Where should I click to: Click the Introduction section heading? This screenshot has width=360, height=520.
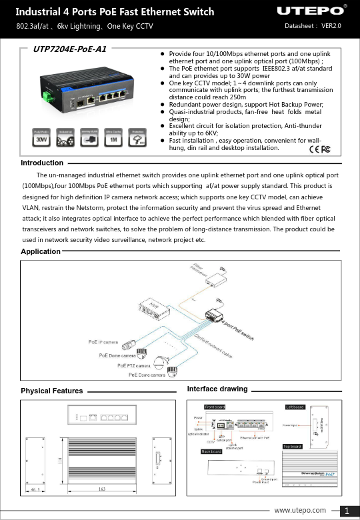[x=42, y=163]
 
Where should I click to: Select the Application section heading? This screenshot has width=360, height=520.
[x=41, y=251]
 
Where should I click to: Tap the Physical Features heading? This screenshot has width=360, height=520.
[x=52, y=391]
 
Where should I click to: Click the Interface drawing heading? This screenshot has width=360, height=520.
[x=217, y=389]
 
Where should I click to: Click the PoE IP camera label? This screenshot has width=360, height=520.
[x=103, y=342]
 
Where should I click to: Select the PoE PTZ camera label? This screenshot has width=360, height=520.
[x=133, y=365]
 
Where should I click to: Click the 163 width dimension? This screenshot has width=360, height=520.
[x=101, y=489]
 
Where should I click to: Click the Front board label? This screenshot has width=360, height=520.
[x=215, y=406]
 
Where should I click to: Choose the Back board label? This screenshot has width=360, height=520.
[x=211, y=451]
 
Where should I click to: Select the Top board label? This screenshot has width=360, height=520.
[x=293, y=446]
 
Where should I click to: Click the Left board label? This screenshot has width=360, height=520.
[x=295, y=406]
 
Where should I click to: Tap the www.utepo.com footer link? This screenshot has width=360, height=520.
[x=300, y=510]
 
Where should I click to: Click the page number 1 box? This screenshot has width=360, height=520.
[x=348, y=511]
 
